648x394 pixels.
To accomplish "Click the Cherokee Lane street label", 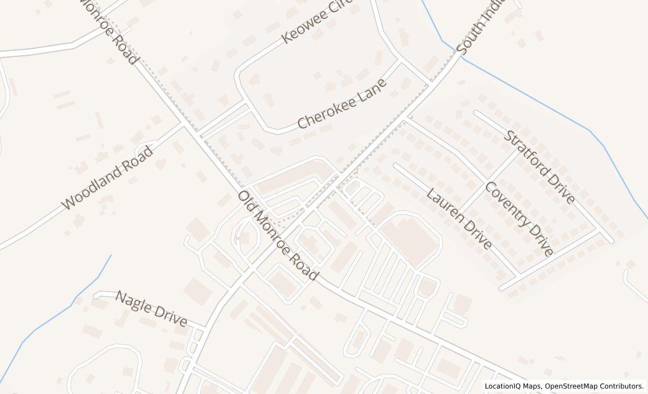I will click(x=342, y=104).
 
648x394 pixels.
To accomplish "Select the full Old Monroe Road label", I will click(x=278, y=236).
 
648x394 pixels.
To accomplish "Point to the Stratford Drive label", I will click(x=539, y=167).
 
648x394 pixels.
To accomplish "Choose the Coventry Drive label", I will click(x=519, y=218).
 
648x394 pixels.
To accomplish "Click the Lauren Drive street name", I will click(x=459, y=218).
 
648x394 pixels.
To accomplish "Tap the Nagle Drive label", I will click(x=151, y=308).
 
